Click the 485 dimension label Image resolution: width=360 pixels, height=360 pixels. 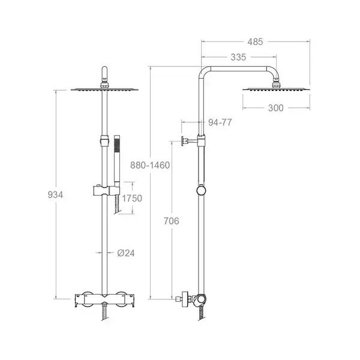click(255, 42)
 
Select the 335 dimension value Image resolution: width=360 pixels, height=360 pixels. click(238, 57)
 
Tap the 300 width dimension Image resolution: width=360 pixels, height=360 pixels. click(276, 108)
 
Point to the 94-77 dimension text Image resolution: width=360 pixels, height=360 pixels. click(220, 122)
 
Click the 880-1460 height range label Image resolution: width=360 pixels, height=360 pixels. click(150, 166)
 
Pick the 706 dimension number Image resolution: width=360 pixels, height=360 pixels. click(171, 221)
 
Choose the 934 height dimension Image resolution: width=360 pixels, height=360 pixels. click(55, 194)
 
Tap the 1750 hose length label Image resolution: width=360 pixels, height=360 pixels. click(132, 199)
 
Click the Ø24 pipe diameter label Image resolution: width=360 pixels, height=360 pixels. click(126, 253)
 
